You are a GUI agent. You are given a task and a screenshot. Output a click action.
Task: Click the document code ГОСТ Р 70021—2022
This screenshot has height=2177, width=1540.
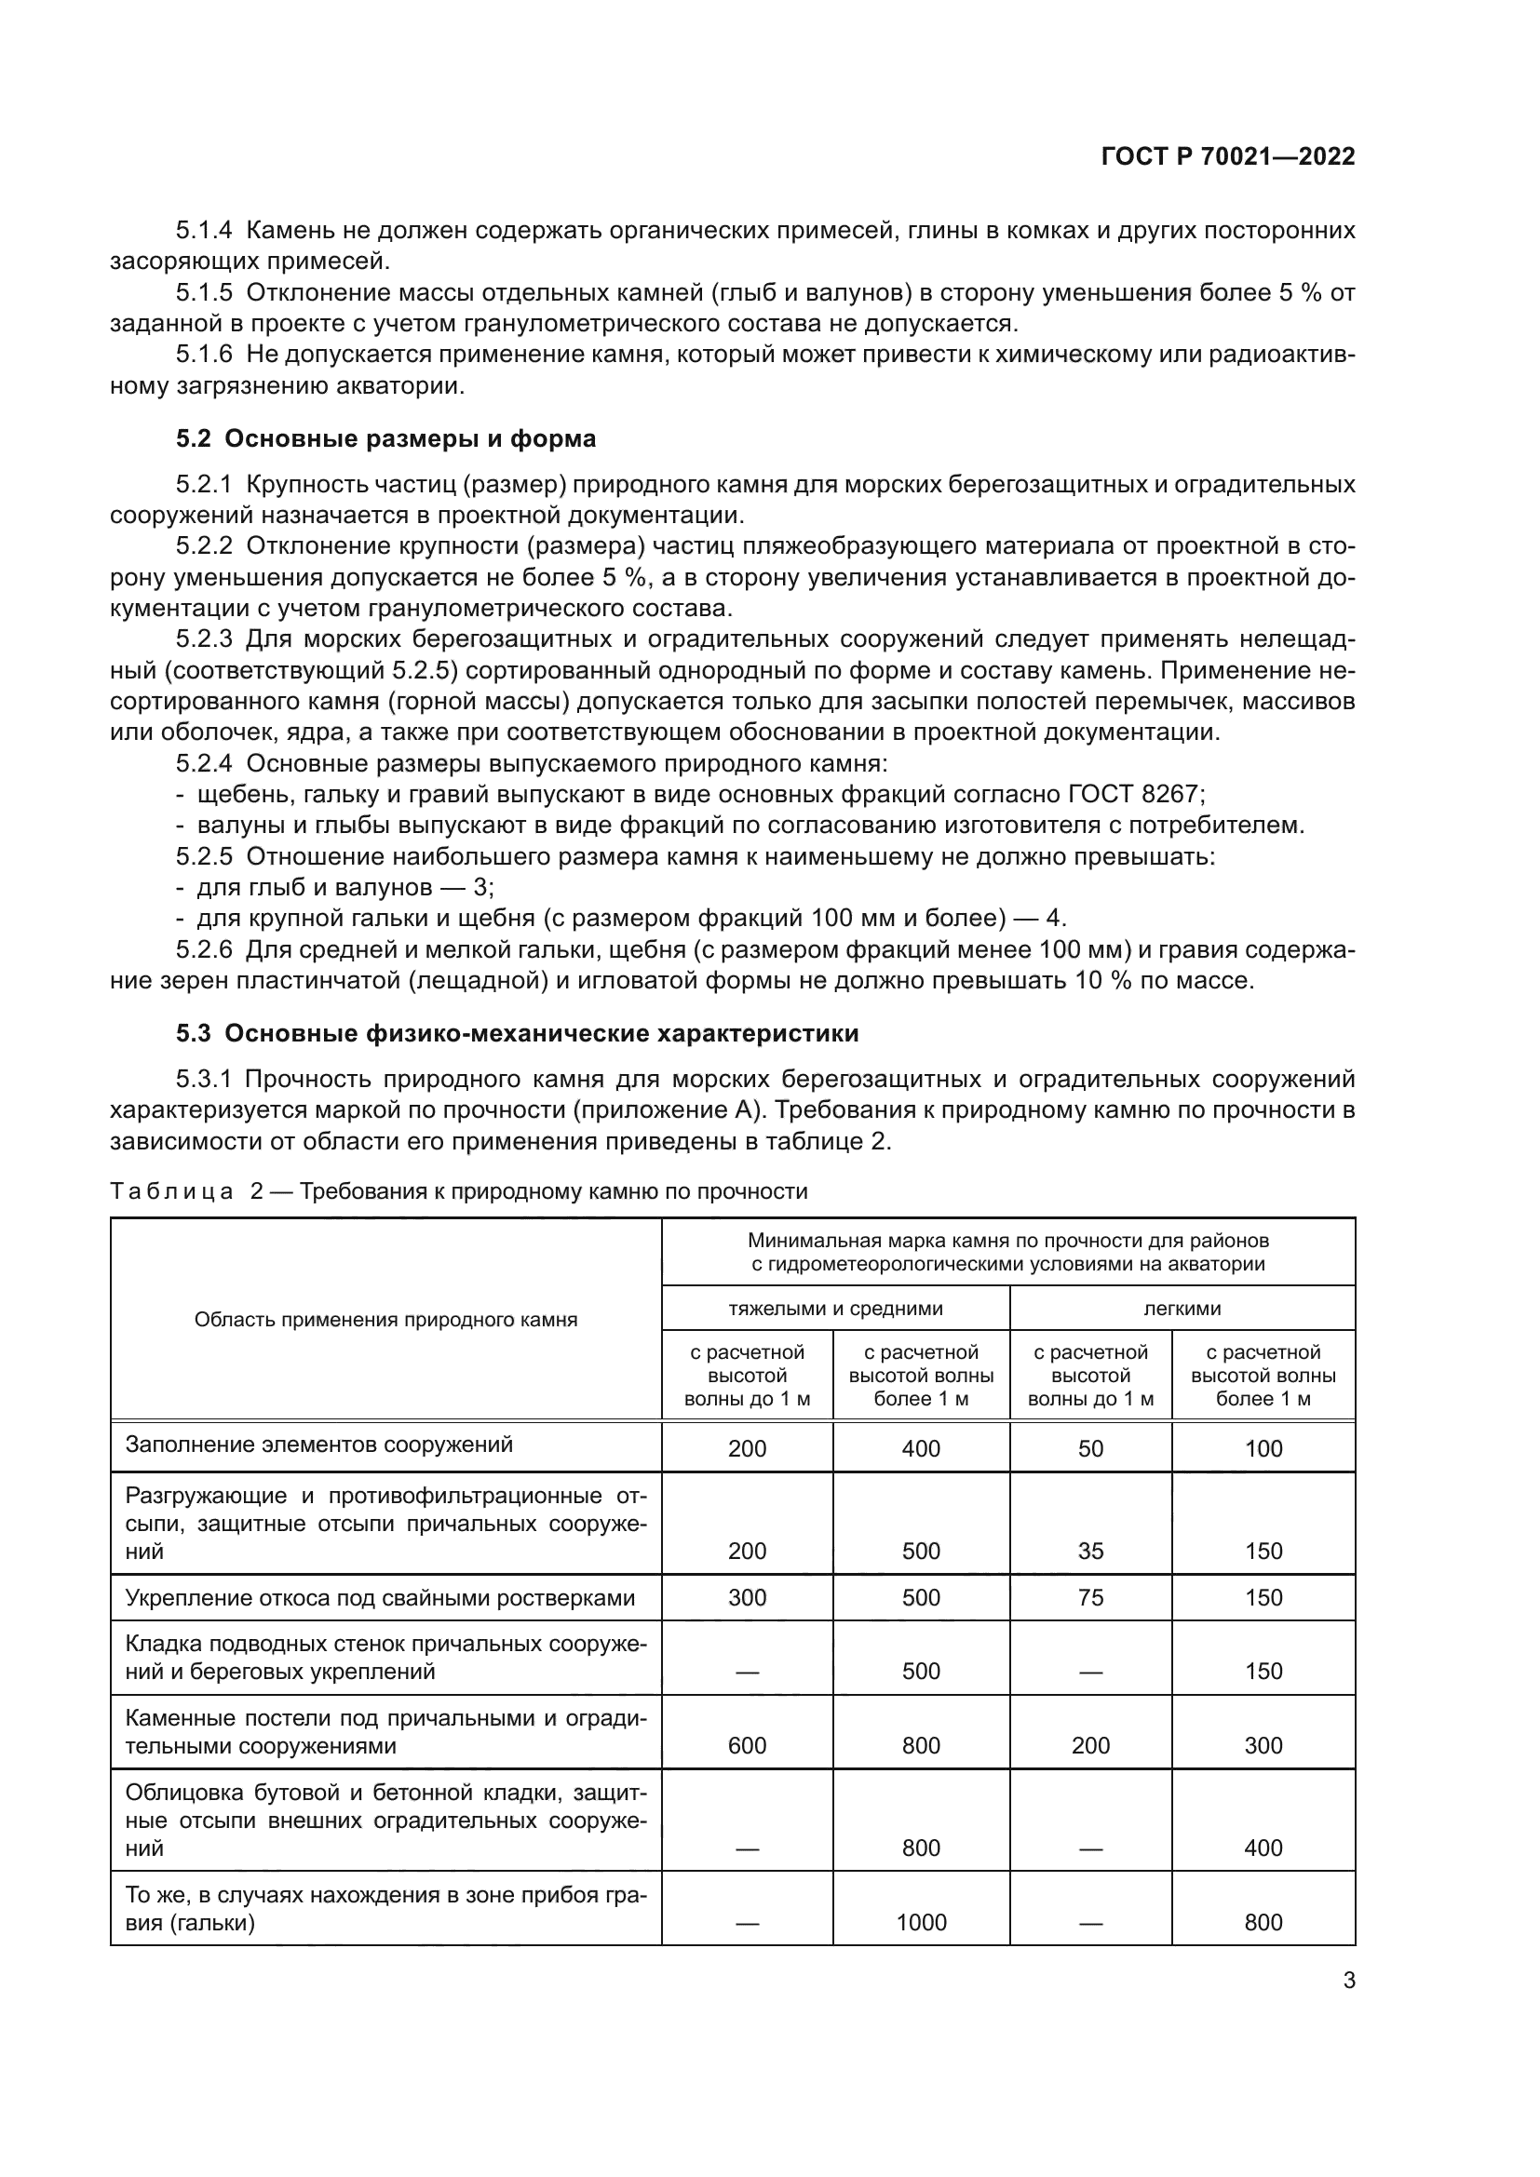click(x=1228, y=156)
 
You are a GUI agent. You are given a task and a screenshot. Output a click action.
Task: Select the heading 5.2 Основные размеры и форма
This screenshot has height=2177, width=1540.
click(x=386, y=439)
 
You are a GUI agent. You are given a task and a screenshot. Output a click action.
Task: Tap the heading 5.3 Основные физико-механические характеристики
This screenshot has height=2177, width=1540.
click(x=517, y=1033)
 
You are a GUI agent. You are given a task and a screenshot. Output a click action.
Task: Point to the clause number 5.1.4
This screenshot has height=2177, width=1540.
click(x=204, y=231)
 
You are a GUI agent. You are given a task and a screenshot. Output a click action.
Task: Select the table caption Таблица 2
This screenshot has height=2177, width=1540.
click(x=188, y=1192)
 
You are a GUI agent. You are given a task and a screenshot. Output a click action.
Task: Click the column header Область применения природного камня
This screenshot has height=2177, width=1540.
click(x=386, y=1320)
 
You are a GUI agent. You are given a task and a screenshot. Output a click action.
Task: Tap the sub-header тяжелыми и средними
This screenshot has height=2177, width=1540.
click(x=835, y=1309)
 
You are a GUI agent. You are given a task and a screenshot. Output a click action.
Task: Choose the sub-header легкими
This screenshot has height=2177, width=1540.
click(x=1182, y=1309)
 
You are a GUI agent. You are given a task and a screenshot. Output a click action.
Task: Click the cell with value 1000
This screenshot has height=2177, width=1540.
click(x=921, y=1922)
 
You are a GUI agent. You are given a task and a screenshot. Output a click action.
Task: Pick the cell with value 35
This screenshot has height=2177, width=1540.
click(x=1090, y=1552)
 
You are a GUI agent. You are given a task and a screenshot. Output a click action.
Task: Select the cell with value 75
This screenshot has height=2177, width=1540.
click(x=1090, y=1598)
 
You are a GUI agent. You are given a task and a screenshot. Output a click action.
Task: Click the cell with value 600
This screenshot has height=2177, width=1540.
click(x=748, y=1745)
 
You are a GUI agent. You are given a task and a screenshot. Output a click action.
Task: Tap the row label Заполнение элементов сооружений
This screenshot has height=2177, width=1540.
click(x=319, y=1445)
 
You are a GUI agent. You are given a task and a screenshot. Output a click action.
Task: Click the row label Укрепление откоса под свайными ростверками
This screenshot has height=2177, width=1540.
click(x=380, y=1599)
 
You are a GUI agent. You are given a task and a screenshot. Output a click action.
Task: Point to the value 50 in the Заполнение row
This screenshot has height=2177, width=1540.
click(x=1090, y=1449)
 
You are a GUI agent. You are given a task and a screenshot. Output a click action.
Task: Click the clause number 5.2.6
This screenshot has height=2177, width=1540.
click(x=204, y=950)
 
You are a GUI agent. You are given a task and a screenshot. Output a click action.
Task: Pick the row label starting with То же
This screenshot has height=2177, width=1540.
click(x=386, y=1908)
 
